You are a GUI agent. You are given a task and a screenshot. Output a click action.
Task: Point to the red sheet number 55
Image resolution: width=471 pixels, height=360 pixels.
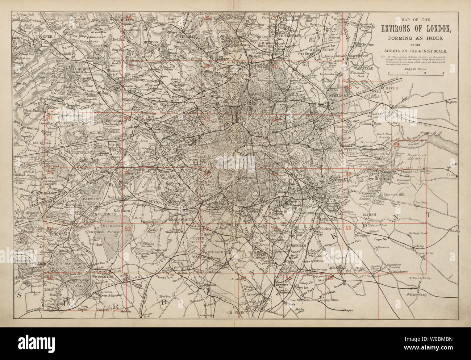click(x=349, y=228)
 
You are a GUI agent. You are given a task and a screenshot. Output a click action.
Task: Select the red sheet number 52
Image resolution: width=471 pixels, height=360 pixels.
click(x=128, y=229)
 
